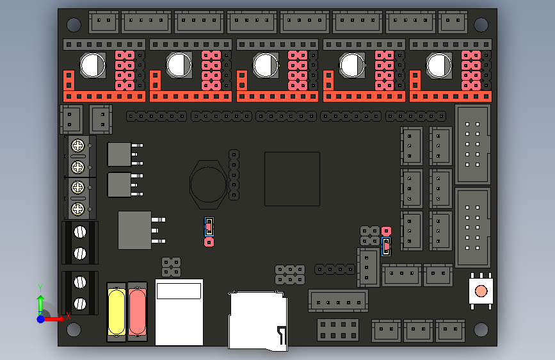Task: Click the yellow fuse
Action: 117,311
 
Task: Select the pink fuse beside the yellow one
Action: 137,311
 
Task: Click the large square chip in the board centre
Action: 292,179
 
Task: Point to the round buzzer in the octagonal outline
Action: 209,183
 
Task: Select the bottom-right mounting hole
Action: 481,329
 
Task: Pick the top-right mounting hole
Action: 481,25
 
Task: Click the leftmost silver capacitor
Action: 93,65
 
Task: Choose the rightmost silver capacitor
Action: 439,65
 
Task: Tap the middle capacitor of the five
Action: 266,65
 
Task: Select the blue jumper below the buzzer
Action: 209,226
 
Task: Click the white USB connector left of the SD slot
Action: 179,312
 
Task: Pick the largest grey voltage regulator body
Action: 134,230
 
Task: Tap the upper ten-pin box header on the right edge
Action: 472,144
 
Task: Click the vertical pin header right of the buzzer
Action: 234,174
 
